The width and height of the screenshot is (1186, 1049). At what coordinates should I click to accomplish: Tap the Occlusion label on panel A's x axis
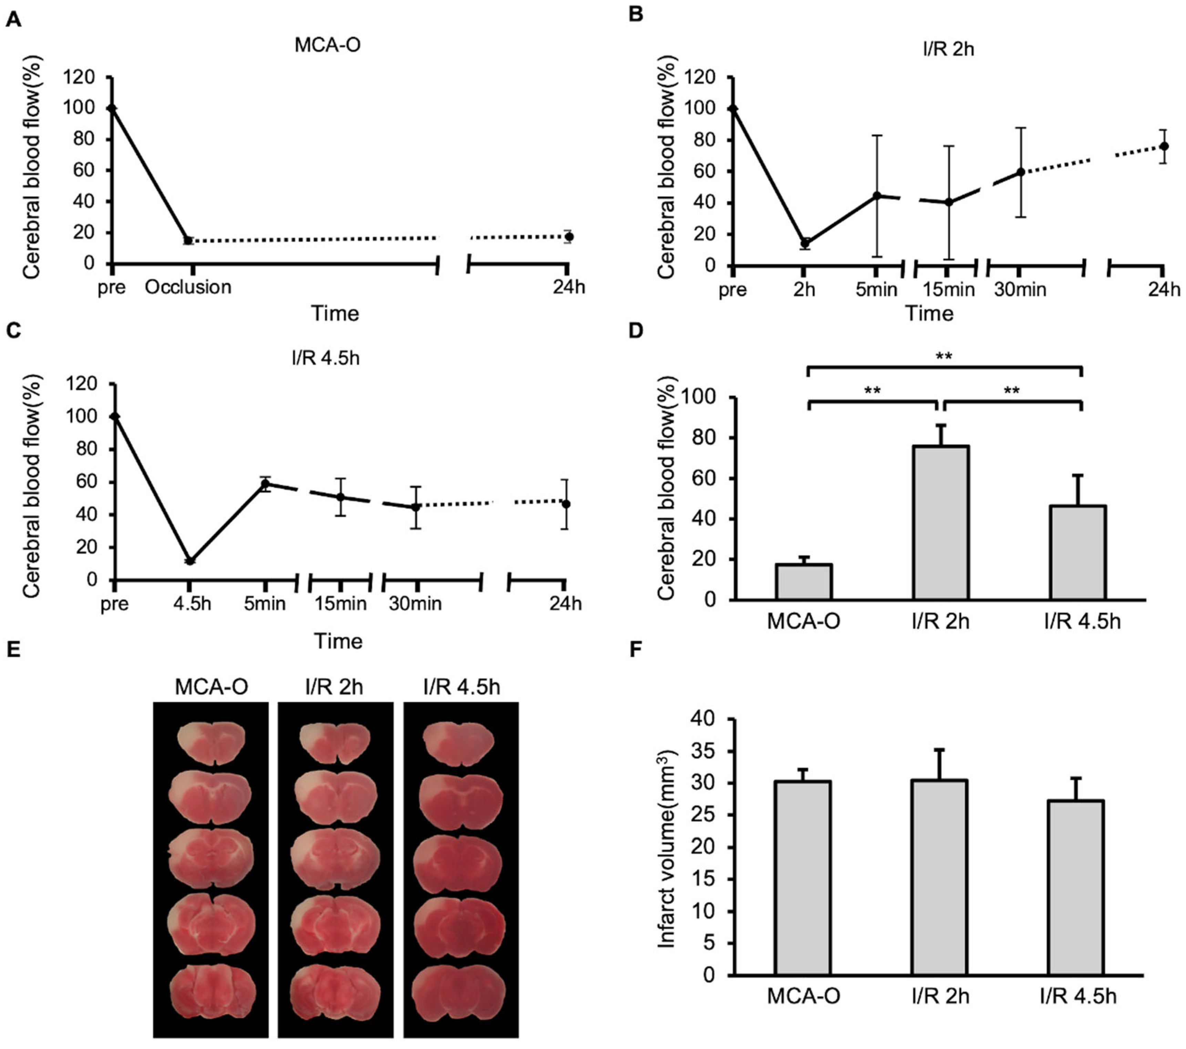point(188,287)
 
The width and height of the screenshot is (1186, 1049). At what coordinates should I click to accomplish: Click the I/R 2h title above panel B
point(948,49)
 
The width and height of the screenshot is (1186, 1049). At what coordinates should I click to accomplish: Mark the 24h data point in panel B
point(1163,146)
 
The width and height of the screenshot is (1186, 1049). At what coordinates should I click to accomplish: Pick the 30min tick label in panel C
point(415,604)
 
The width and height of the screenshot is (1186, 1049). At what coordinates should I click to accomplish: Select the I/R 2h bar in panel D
point(940,522)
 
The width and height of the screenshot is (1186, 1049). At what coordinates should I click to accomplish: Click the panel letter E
point(13,648)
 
